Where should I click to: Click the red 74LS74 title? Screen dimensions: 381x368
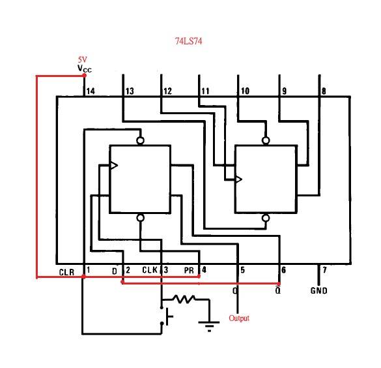tap(189, 41)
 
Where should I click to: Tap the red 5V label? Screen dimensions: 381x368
tap(82, 59)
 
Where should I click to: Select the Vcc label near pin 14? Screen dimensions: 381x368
tap(85, 69)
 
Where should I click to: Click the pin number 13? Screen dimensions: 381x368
tap(130, 91)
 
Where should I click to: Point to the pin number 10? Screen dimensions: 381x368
tap(245, 91)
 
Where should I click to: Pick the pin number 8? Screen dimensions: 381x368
tap(324, 91)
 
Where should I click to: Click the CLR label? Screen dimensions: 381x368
tap(66, 272)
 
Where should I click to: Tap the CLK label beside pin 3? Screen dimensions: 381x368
tap(150, 270)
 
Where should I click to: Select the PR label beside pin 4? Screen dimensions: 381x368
tap(189, 270)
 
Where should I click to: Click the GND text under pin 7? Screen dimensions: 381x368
tap(318, 290)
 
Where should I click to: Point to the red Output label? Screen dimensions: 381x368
tap(239, 318)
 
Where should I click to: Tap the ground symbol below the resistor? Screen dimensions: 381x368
tap(209, 326)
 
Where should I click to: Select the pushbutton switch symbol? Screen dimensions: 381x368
tap(167, 316)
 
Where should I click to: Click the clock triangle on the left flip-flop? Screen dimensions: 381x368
tap(114, 166)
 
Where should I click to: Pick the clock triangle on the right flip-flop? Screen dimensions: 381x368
tap(238, 179)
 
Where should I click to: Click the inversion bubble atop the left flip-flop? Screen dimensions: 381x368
tap(141, 140)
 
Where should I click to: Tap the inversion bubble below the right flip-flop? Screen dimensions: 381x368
tap(266, 218)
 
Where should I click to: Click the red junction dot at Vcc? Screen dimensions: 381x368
tap(85, 76)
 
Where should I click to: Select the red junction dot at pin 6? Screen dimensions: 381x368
tap(279, 284)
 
